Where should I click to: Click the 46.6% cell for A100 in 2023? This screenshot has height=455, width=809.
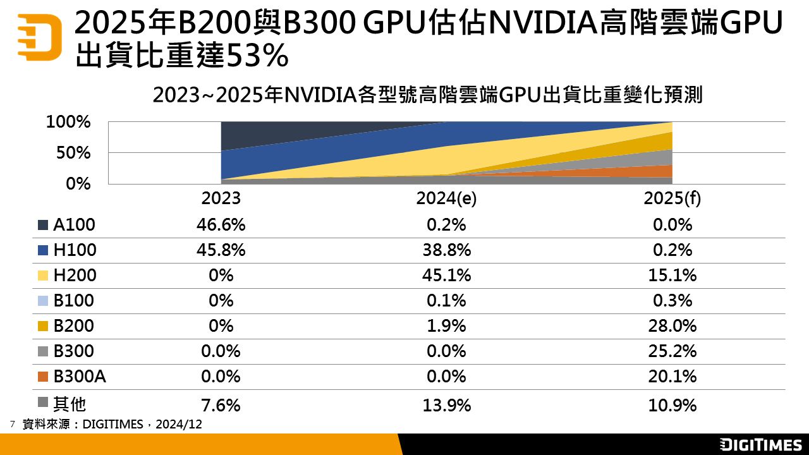[221, 225]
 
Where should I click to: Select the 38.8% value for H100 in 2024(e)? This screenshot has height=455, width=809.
[446, 250]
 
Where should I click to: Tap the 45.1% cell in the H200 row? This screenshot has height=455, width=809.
[446, 276]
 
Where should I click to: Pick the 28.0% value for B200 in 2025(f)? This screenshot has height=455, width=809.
[672, 326]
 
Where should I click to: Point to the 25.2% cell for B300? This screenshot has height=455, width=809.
[672, 351]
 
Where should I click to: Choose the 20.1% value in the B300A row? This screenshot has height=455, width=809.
[672, 377]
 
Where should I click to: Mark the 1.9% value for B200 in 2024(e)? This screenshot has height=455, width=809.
[446, 326]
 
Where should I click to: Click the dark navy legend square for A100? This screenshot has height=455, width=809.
[43, 225]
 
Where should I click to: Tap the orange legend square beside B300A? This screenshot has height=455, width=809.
[43, 377]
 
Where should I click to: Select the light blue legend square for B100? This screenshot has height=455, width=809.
[43, 301]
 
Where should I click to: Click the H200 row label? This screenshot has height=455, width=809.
[75, 276]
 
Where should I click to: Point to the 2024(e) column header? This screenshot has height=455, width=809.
[446, 198]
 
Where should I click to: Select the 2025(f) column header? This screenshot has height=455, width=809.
[672, 198]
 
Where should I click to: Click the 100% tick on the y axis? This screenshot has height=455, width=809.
[69, 122]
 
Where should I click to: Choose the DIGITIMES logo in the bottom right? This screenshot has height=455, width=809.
[761, 445]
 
